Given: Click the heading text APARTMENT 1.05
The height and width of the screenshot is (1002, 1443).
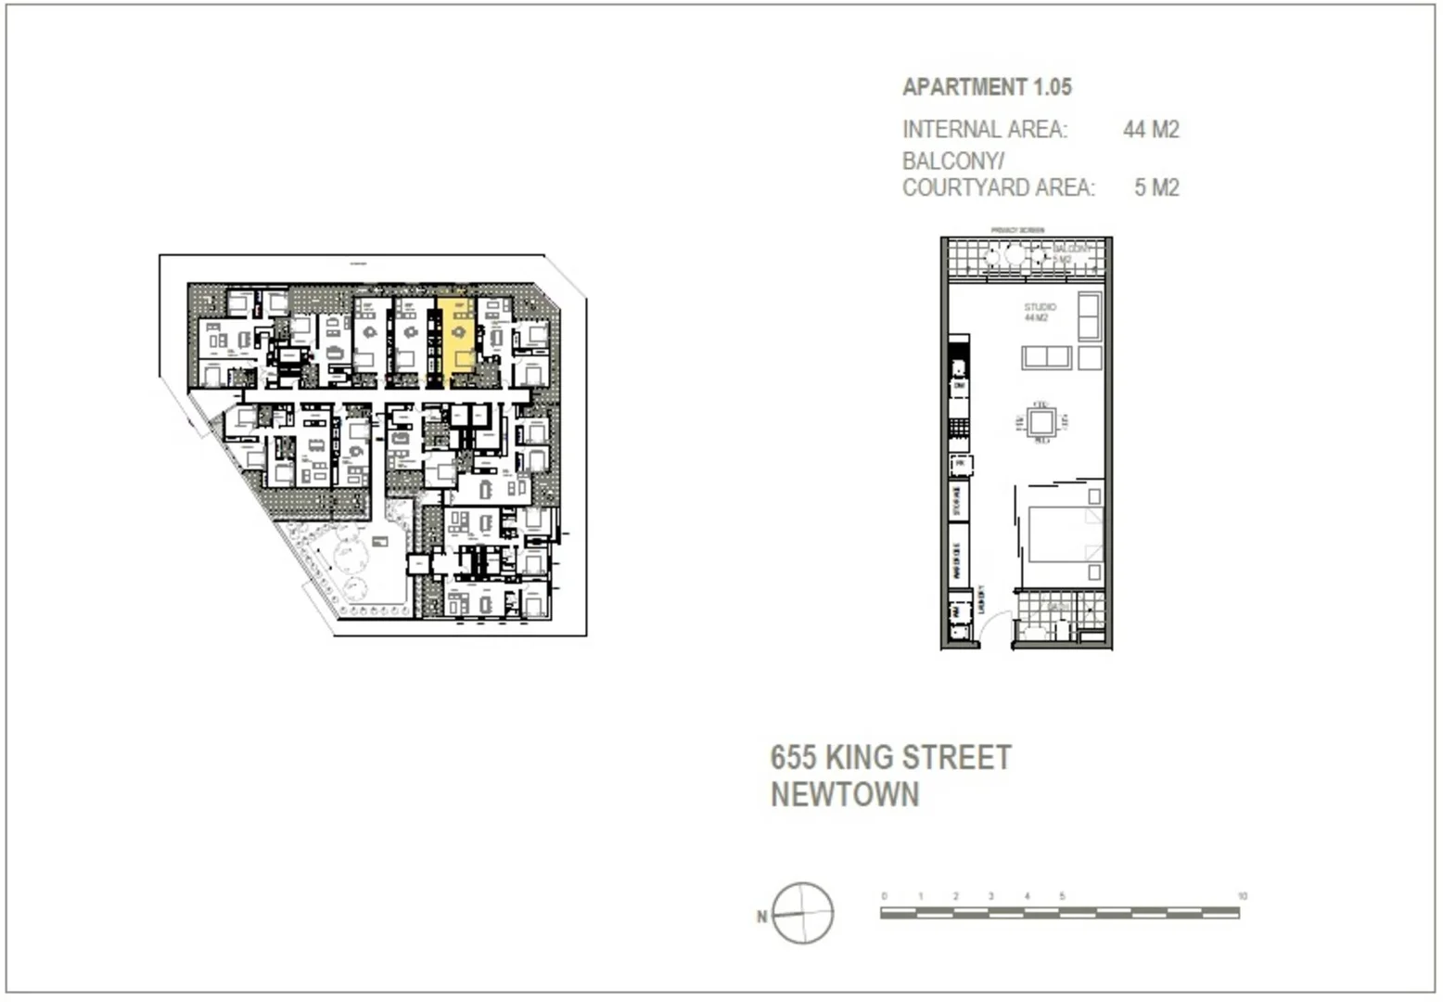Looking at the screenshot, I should coord(987,87).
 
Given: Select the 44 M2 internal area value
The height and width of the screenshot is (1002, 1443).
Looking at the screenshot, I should coord(1151,129).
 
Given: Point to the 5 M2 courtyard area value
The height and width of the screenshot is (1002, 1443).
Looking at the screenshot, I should coord(1156,187).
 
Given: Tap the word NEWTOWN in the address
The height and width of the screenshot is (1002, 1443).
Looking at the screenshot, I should coord(845,795).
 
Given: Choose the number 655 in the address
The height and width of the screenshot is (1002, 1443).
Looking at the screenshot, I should coord(794,758).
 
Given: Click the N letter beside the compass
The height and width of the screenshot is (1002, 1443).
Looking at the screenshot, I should coord(762,917).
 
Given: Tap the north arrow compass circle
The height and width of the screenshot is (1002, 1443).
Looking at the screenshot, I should coord(803,913).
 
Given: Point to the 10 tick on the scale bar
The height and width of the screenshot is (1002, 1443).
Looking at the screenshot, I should coord(1242,896).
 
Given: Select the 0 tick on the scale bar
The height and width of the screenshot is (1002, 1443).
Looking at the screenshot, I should coord(885,896).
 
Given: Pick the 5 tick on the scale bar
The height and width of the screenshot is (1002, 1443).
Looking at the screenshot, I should coord(1062,896).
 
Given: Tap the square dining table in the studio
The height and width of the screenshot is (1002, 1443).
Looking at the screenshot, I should coord(1041,423).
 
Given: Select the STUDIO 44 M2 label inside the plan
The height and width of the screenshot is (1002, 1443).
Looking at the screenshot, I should coord(1039,313).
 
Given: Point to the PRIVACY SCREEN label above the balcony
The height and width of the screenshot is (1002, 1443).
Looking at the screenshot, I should coord(1017,230).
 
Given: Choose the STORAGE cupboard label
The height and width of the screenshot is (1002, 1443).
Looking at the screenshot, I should coord(957,501).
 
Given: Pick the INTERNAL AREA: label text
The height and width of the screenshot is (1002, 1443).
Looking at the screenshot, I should coord(985,129).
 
